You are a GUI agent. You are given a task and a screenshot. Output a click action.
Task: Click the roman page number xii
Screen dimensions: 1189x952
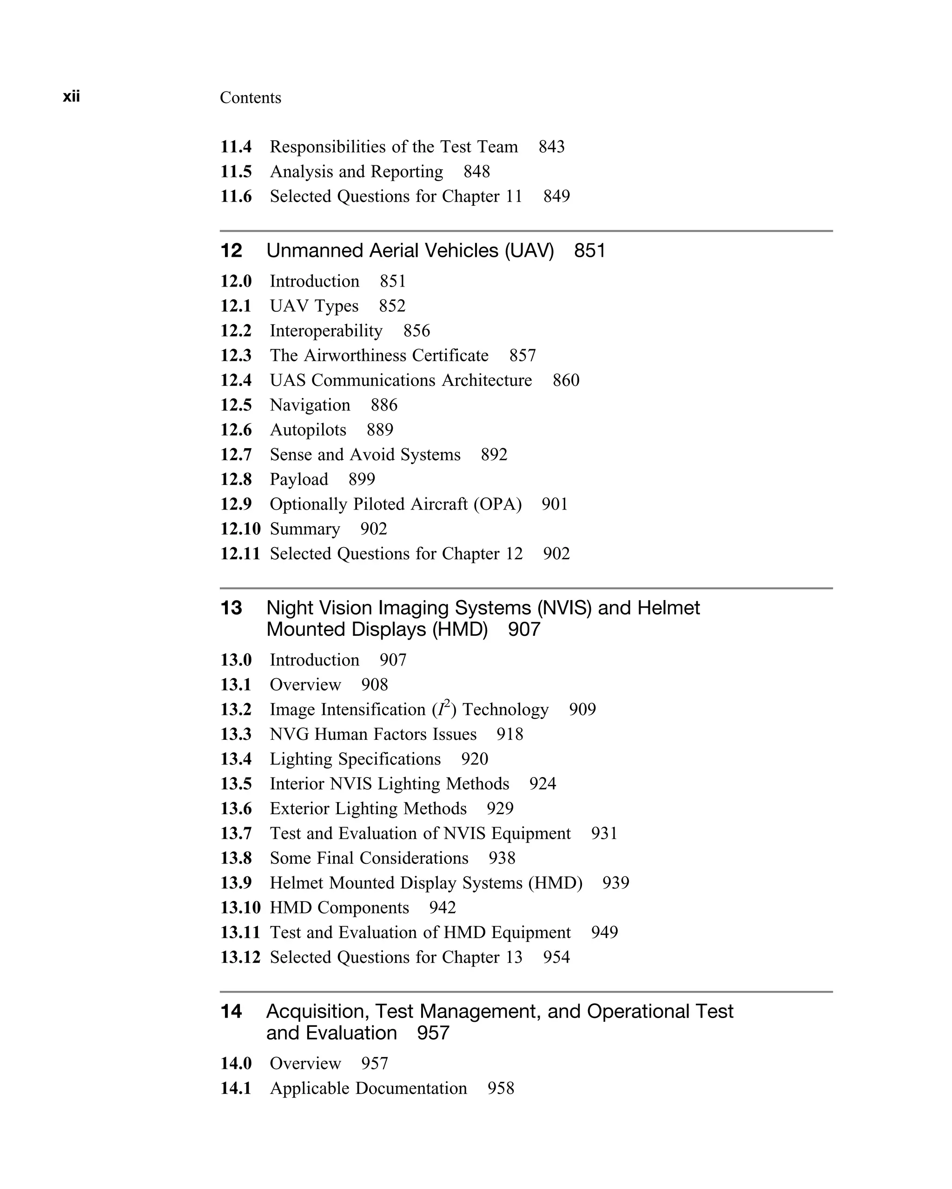tap(71, 97)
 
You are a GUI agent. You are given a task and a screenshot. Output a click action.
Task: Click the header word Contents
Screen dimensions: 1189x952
tap(250, 98)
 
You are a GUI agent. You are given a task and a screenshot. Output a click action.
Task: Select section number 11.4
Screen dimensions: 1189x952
tap(236, 147)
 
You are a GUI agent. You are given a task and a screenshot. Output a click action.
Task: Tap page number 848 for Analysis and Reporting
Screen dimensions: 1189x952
tap(476, 171)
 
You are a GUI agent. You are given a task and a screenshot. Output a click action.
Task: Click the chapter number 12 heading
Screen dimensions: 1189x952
tap(231, 251)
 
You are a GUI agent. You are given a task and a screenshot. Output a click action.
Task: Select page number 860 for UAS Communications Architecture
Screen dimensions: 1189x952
tap(566, 380)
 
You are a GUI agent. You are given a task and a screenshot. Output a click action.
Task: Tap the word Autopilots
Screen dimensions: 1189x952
tap(308, 430)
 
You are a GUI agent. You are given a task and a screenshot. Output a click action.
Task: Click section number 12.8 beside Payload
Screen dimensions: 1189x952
tap(236, 479)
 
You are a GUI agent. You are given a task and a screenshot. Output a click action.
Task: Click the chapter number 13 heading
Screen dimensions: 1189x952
tap(231, 608)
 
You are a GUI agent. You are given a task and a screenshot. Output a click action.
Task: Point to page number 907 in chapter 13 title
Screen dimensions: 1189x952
tap(524, 629)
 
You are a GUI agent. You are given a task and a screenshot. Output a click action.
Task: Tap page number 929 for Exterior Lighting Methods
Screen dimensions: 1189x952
tap(500, 809)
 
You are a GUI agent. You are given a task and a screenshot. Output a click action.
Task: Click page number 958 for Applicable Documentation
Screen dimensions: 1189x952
tap(501, 1088)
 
